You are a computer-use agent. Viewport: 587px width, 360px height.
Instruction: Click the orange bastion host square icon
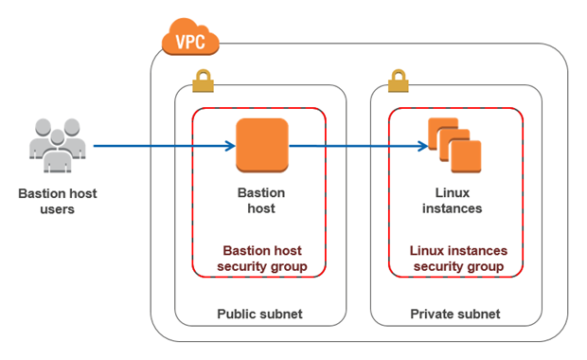(261, 146)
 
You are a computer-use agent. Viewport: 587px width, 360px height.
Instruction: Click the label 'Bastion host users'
(57, 201)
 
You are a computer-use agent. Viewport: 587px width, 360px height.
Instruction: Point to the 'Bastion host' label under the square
(260, 200)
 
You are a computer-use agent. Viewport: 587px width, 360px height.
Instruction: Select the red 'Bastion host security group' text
(260, 259)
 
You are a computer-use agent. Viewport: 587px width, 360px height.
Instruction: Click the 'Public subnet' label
(259, 314)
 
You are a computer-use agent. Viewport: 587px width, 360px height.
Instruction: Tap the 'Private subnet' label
(455, 314)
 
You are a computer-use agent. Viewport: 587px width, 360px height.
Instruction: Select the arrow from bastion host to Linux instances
(355, 146)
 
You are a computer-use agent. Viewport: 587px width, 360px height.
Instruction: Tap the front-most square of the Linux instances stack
(465, 156)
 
